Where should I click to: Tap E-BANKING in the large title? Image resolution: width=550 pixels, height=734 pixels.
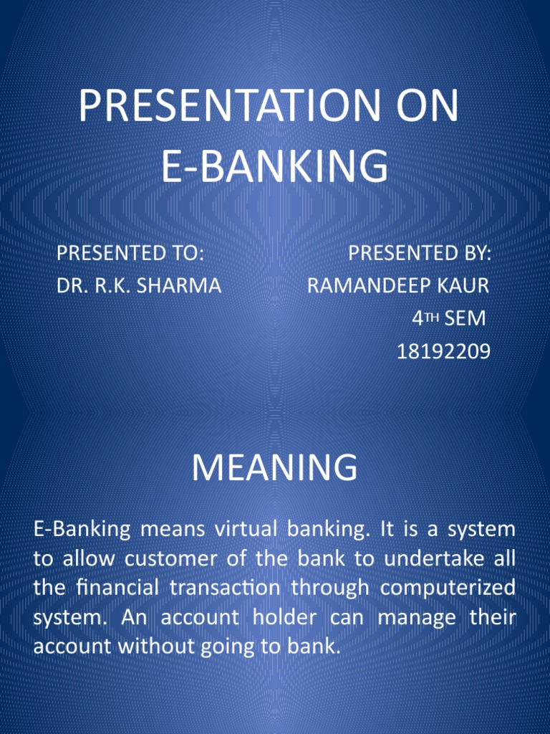tap(274, 166)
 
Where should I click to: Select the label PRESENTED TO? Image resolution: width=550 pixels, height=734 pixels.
tap(130, 253)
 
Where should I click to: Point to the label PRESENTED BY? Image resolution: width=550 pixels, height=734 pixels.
tap(420, 253)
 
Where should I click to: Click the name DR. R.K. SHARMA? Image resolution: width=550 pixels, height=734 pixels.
tap(139, 286)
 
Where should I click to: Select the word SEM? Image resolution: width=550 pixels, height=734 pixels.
tap(465, 318)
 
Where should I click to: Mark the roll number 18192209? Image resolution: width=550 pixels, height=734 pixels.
tap(443, 351)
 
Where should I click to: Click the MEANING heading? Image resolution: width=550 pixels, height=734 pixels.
tap(274, 468)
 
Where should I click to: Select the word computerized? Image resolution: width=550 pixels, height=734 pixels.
tap(448, 588)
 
